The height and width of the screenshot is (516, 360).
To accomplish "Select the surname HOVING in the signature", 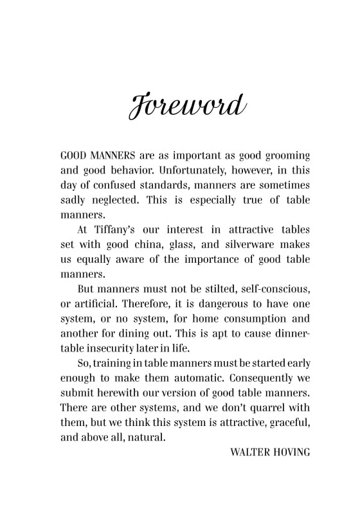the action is click(291, 452).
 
